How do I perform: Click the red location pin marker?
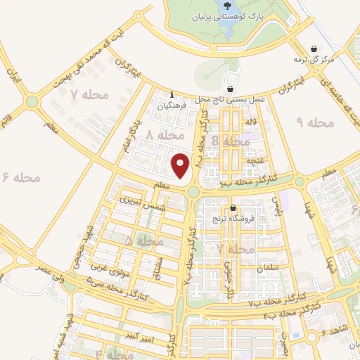[x=181, y=166]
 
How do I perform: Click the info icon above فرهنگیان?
[x=172, y=95]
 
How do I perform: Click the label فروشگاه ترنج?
[x=233, y=219]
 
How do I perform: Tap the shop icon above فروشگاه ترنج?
[x=233, y=207]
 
